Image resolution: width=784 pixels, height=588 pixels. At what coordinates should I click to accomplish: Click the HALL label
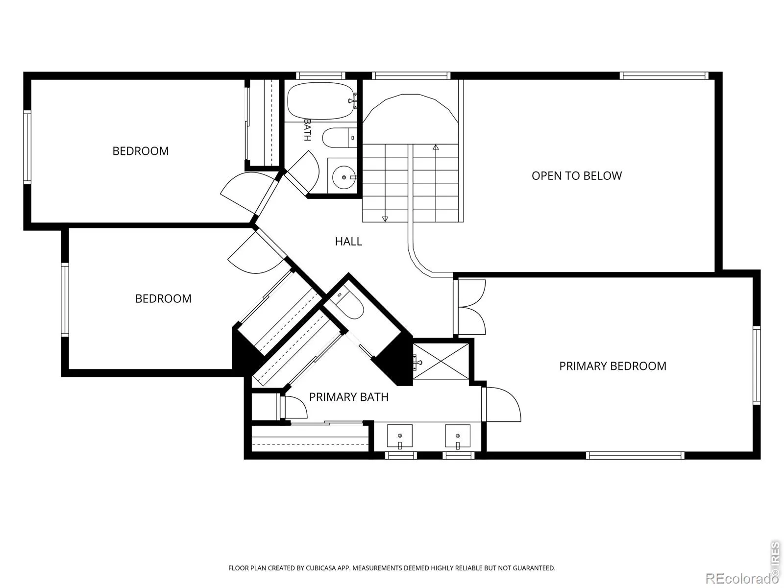point(348,242)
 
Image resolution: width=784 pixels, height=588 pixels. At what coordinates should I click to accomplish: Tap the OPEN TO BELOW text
point(576,175)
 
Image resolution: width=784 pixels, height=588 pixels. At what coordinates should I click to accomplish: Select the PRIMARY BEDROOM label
point(612,366)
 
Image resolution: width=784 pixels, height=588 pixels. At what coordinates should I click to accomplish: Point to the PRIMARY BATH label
point(348,397)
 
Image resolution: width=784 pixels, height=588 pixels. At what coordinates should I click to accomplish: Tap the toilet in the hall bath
point(339,138)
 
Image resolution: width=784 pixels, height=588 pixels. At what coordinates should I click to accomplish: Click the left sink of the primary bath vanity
point(400,436)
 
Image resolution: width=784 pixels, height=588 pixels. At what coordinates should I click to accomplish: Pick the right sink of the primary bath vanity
point(458,436)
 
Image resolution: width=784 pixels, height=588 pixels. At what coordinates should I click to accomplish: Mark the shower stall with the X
point(441,361)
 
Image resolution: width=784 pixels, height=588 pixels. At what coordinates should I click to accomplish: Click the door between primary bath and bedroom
point(501,404)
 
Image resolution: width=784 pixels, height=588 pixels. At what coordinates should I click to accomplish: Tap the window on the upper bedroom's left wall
point(27,147)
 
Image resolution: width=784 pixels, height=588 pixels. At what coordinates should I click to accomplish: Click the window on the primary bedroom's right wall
point(757,365)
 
